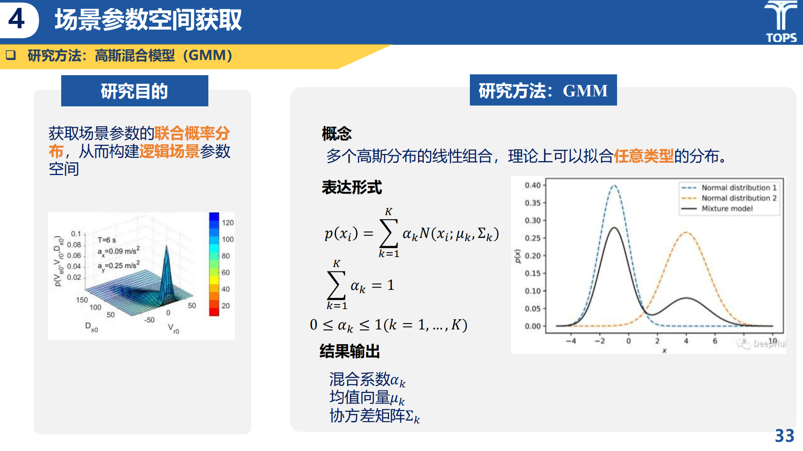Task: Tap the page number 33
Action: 784,436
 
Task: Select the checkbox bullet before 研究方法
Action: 11,55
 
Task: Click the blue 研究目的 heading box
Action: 135,91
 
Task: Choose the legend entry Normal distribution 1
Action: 729,188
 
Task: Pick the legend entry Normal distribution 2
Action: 729,198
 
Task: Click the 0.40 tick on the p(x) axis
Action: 533,185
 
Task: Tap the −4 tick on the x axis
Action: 571,341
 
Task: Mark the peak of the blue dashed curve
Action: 614,186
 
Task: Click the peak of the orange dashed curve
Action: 686,232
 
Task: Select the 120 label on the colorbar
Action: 228,223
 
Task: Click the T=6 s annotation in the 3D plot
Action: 107,240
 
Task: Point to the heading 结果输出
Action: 350,351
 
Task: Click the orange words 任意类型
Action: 644,156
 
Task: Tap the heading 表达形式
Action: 352,187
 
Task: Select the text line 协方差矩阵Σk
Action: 375,416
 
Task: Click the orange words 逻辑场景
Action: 170,151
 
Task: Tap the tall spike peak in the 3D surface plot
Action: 167,246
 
